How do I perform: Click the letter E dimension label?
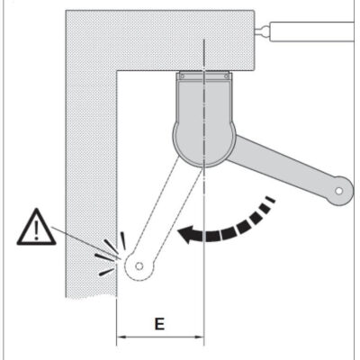click(159, 324)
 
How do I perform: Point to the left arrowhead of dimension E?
click(121, 337)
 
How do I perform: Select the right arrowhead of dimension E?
click(200, 337)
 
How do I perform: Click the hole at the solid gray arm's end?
click(339, 191)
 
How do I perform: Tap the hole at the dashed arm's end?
click(139, 266)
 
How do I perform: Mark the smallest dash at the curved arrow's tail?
click(271, 200)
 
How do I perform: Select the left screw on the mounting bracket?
click(182, 76)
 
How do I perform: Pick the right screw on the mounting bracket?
click(226, 76)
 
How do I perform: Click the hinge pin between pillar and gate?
click(263, 30)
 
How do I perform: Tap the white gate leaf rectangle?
click(312, 31)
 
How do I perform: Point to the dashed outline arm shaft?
click(162, 214)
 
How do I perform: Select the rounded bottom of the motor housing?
click(204, 147)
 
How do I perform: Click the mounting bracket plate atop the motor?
click(204, 76)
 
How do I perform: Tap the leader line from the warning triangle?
click(85, 243)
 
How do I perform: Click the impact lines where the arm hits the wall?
click(111, 254)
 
